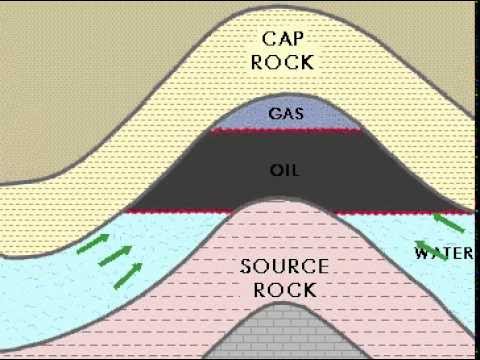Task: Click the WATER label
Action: coord(446,252)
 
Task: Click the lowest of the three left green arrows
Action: coord(127,269)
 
